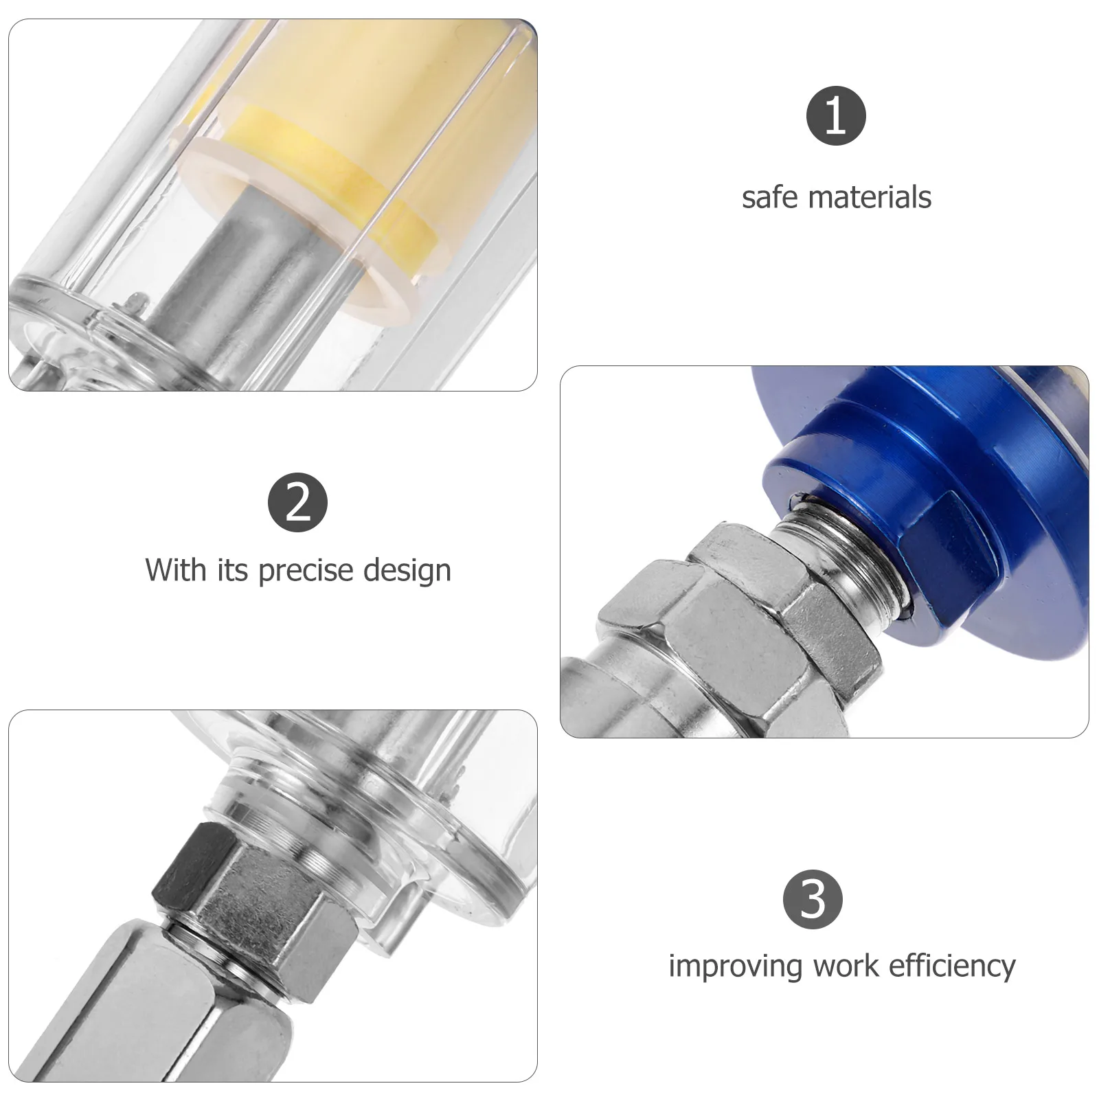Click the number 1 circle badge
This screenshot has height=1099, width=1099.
pos(835,115)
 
